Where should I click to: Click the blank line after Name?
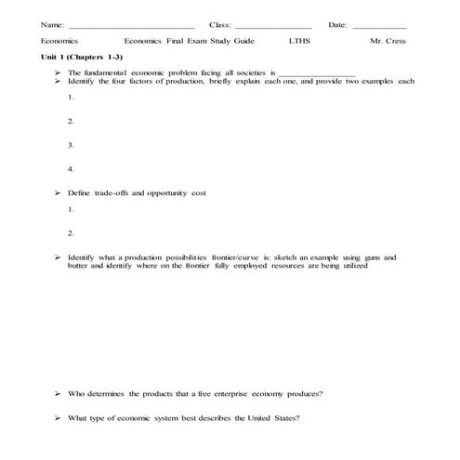(132, 26)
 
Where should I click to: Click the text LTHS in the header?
(299, 43)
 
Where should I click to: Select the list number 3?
(71, 145)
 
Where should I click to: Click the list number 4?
(71, 169)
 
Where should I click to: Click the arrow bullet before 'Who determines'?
(58, 393)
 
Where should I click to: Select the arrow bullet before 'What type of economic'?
(58, 417)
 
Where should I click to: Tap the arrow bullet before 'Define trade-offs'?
(58, 192)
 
